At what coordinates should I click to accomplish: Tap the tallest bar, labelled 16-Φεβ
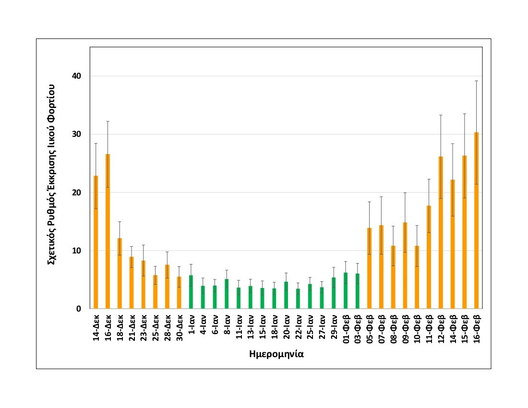(x=476, y=220)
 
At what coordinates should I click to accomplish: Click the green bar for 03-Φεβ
(x=357, y=291)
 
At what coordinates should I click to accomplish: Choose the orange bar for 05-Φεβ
(x=369, y=268)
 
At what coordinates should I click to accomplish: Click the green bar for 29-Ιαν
(x=334, y=293)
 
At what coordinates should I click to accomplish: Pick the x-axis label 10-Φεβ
(x=417, y=329)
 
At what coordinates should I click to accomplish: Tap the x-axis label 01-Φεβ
(x=346, y=329)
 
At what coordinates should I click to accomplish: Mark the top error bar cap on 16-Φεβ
(x=476, y=81)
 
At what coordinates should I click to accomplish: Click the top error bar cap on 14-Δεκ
(x=96, y=144)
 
